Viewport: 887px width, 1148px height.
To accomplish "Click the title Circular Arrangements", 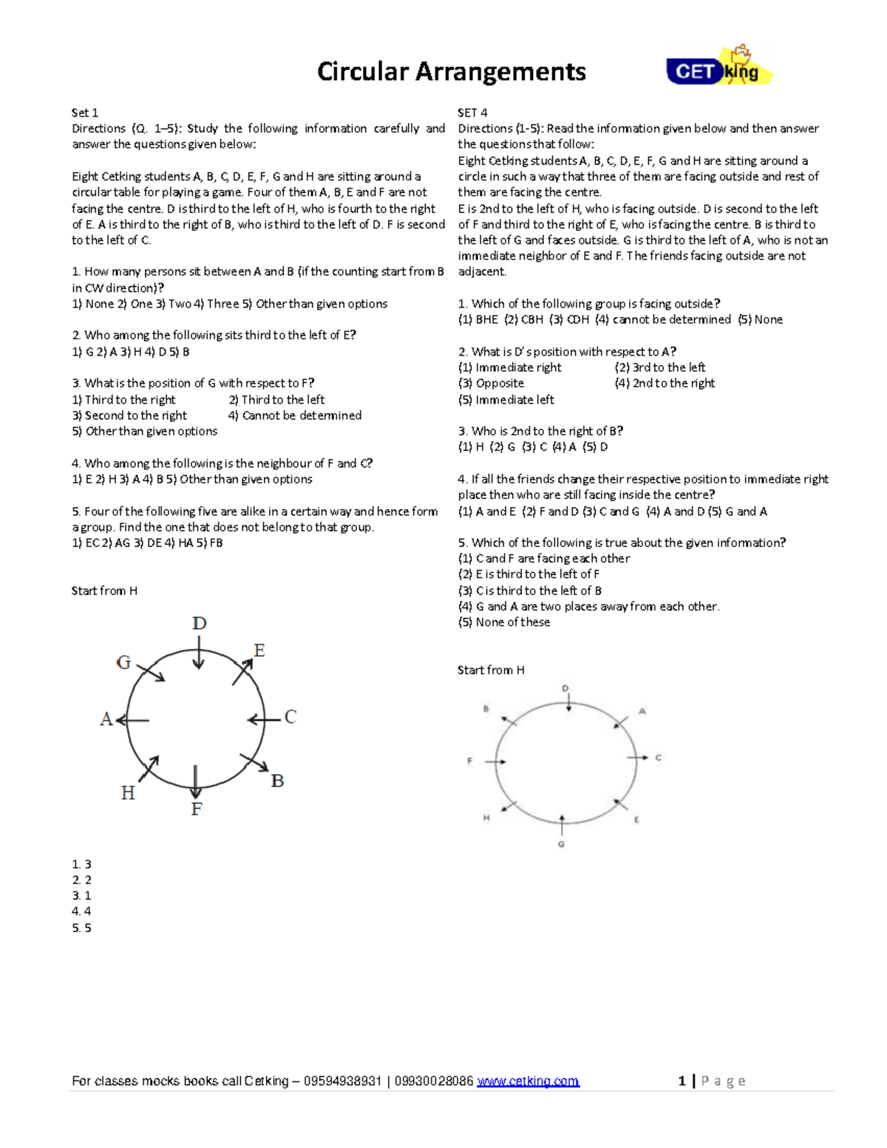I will click(x=451, y=72).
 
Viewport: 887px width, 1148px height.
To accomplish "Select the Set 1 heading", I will click(x=84, y=112).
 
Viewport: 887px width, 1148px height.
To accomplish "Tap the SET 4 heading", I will click(x=472, y=112).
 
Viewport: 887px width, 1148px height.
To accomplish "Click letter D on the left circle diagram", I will click(x=199, y=623).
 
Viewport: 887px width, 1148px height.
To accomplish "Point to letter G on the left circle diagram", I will click(x=123, y=662).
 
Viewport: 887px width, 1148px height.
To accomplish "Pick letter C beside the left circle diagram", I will click(x=290, y=717).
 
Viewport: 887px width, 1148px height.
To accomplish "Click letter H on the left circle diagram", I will click(x=128, y=793).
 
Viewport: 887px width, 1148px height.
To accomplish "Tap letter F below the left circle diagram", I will click(x=197, y=809).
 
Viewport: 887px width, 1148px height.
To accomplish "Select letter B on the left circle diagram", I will click(x=277, y=781).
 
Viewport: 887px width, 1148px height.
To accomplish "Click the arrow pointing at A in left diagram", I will click(x=133, y=720).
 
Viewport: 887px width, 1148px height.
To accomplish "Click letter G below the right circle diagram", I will click(x=561, y=843).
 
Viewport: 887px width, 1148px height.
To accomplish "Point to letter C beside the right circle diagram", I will click(x=659, y=757).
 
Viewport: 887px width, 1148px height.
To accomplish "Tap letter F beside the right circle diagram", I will click(x=469, y=761).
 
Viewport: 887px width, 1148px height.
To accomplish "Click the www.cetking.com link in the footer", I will click(x=528, y=1081).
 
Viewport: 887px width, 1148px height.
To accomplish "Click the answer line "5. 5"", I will click(x=81, y=928).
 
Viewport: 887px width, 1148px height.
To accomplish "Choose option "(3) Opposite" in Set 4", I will click(x=491, y=383).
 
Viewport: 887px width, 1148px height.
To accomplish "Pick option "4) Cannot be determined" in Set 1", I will click(x=295, y=415).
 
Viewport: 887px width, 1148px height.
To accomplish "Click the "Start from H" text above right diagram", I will click(x=491, y=670).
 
